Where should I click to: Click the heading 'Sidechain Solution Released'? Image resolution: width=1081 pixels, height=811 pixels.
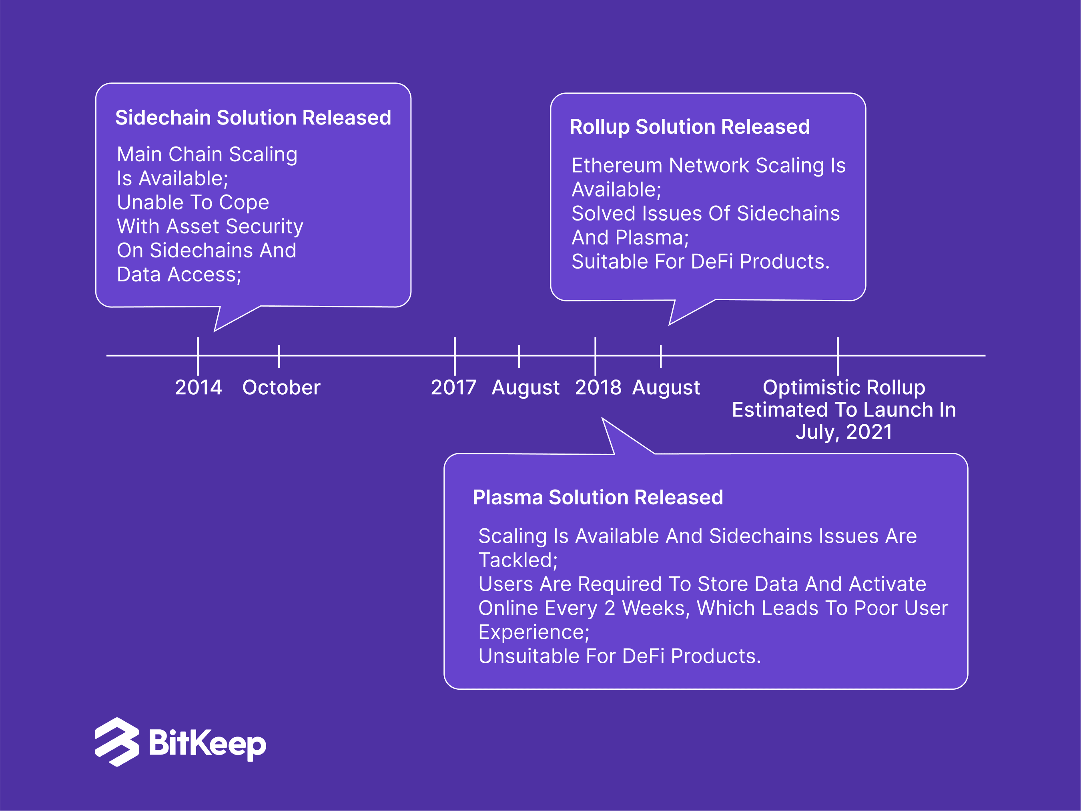[x=253, y=118]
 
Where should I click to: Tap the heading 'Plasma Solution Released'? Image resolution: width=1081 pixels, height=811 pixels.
[x=598, y=497]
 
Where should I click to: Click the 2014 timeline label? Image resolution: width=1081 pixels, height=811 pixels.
[x=199, y=387]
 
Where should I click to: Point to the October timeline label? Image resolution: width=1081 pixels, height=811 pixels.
[x=281, y=387]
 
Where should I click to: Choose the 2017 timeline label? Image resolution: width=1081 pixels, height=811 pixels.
[x=453, y=387]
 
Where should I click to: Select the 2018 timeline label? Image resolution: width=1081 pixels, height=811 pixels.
[x=598, y=387]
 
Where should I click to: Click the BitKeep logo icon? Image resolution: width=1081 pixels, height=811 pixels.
[x=117, y=742]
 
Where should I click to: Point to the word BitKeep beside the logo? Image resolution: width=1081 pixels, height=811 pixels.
[x=208, y=743]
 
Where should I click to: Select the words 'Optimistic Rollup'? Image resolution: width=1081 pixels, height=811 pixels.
[x=844, y=387]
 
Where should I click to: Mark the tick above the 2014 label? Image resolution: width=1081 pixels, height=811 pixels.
[x=198, y=356]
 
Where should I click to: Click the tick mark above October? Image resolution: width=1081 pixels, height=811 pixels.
[x=279, y=356]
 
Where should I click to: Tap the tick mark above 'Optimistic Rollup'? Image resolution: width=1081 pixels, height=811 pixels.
[x=838, y=356]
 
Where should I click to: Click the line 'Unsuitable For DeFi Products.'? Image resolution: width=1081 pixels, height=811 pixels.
[x=620, y=656]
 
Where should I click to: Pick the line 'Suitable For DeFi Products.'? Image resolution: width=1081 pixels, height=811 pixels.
[x=700, y=261]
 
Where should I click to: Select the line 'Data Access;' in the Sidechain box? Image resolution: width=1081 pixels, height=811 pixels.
[x=179, y=275]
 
